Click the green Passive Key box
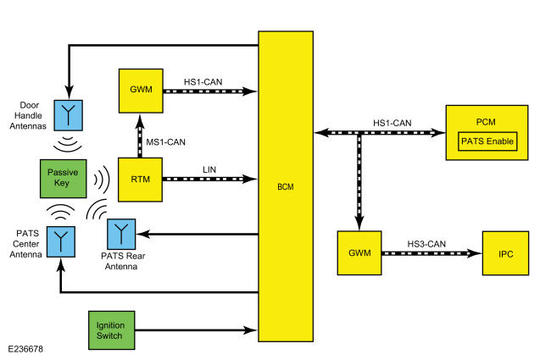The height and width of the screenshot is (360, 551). [x=64, y=179]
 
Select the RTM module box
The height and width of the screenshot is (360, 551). [x=140, y=180]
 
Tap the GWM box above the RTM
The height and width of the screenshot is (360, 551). [x=141, y=91]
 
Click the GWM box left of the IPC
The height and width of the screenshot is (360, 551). [x=359, y=253]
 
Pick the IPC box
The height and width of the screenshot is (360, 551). [x=506, y=253]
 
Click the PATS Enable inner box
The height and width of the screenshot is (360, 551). [x=487, y=141]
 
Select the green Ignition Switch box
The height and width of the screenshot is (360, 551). [x=111, y=330]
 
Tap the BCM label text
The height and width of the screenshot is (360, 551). [x=286, y=187]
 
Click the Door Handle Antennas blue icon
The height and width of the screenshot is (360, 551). [x=68, y=115]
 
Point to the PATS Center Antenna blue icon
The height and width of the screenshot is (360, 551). [x=61, y=241]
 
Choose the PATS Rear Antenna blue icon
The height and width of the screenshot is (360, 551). [x=121, y=235]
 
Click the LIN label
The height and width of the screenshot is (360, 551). [x=209, y=169]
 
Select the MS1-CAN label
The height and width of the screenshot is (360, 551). [x=166, y=142]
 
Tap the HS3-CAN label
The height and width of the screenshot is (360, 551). [x=426, y=244]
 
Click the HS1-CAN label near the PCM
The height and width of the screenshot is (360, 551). [x=392, y=123]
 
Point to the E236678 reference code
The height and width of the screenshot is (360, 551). [x=25, y=349]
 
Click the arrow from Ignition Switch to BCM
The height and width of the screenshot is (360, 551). [x=196, y=330]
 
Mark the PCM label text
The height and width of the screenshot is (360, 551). [x=486, y=122]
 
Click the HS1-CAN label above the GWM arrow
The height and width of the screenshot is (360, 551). [x=203, y=82]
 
